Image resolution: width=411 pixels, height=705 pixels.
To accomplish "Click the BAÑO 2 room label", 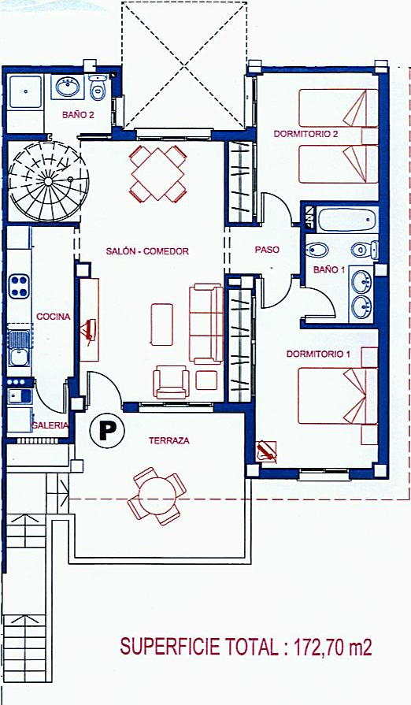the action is coord(78,115).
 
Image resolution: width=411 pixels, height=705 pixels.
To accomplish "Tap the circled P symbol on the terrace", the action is coord(107,431).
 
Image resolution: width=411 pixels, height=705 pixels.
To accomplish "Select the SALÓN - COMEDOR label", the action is coord(147,252).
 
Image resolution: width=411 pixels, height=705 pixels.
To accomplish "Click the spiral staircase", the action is coord(48,181).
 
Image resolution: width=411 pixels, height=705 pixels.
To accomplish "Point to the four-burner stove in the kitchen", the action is coord(19,287).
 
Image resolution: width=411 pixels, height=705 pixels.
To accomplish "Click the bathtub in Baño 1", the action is coord(346,220).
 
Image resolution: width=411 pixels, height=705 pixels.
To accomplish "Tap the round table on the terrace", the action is coord(157,496).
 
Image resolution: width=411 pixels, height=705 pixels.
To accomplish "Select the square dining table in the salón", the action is coord(157,173).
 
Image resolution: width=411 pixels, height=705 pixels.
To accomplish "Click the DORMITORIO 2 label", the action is coord(305,134).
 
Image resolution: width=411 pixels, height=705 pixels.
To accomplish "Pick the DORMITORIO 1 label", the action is coord(318,354).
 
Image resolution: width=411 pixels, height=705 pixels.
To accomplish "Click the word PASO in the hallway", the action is coord(267,250).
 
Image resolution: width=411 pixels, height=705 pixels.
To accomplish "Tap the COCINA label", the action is coord(54,317).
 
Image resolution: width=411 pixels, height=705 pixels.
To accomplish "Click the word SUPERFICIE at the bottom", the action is coord(170,647).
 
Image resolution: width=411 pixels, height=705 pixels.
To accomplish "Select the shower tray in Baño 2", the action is coord(26,91).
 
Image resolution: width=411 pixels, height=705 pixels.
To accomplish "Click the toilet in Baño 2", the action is coord(97,87).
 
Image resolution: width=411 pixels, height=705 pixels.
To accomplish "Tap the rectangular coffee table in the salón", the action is coord(161,325).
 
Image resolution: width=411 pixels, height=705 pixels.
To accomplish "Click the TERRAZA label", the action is coord(169,441).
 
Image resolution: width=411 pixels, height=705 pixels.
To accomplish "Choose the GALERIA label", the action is coord(50,425).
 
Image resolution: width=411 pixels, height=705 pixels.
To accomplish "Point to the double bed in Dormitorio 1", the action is coord(338,395).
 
